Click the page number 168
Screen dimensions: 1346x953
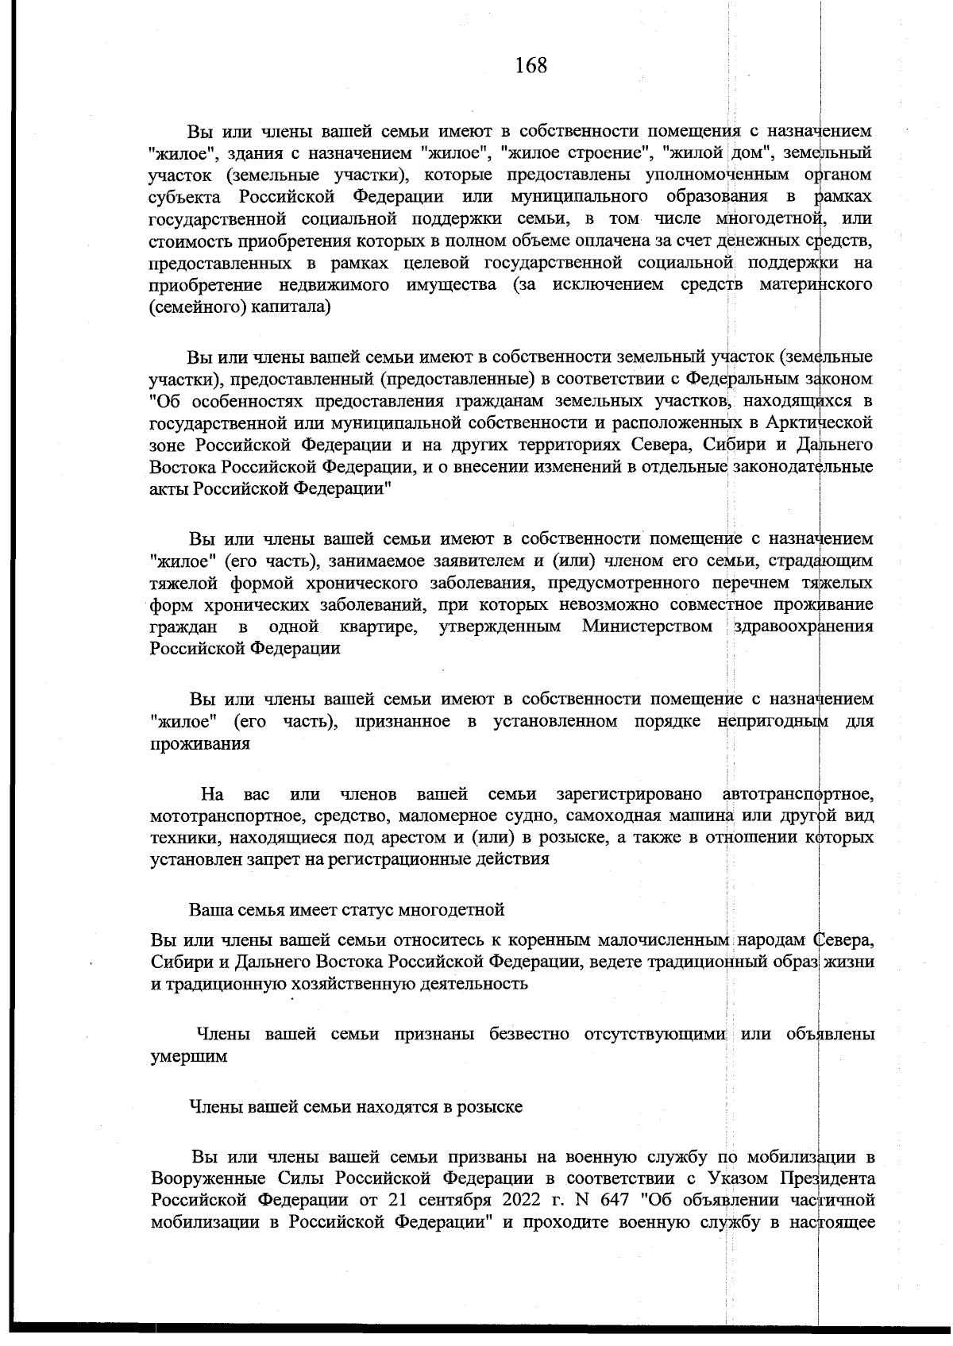[x=531, y=65]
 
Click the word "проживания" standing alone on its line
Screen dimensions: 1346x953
[x=200, y=744]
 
